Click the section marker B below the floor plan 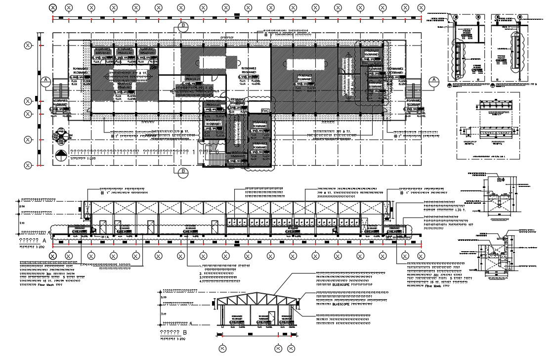[183, 172]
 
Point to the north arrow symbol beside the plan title [61, 155]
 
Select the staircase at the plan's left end [61, 92]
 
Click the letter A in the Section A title [44, 240]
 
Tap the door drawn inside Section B [271, 317]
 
